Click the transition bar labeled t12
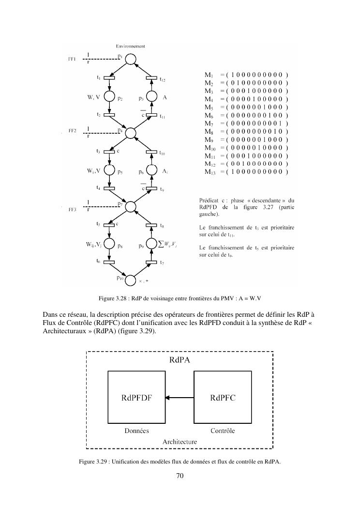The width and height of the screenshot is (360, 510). click(x=151, y=78)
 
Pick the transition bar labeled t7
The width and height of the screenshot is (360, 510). click(x=151, y=262)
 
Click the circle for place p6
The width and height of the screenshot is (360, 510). click(x=151, y=171)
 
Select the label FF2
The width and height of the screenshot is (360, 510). click(x=73, y=131)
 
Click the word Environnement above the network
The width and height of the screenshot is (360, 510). click(x=130, y=46)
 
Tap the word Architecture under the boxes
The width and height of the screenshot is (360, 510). click(x=180, y=441)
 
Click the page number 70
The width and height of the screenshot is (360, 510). click(x=180, y=476)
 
